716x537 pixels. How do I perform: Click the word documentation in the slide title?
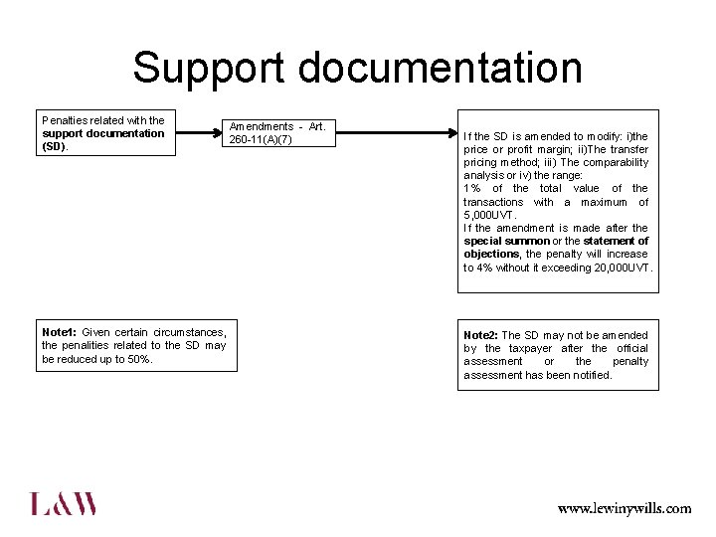tap(440, 69)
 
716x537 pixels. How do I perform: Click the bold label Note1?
tap(59, 332)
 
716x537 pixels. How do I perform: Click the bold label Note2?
tap(480, 335)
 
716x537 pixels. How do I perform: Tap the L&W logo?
tap(64, 503)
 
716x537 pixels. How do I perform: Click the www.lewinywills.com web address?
tap(624, 508)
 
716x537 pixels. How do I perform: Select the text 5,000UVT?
tap(489, 215)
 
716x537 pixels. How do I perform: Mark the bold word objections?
tap(491, 255)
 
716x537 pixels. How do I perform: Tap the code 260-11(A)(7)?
tap(261, 139)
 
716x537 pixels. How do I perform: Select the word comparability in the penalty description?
tap(615, 162)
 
